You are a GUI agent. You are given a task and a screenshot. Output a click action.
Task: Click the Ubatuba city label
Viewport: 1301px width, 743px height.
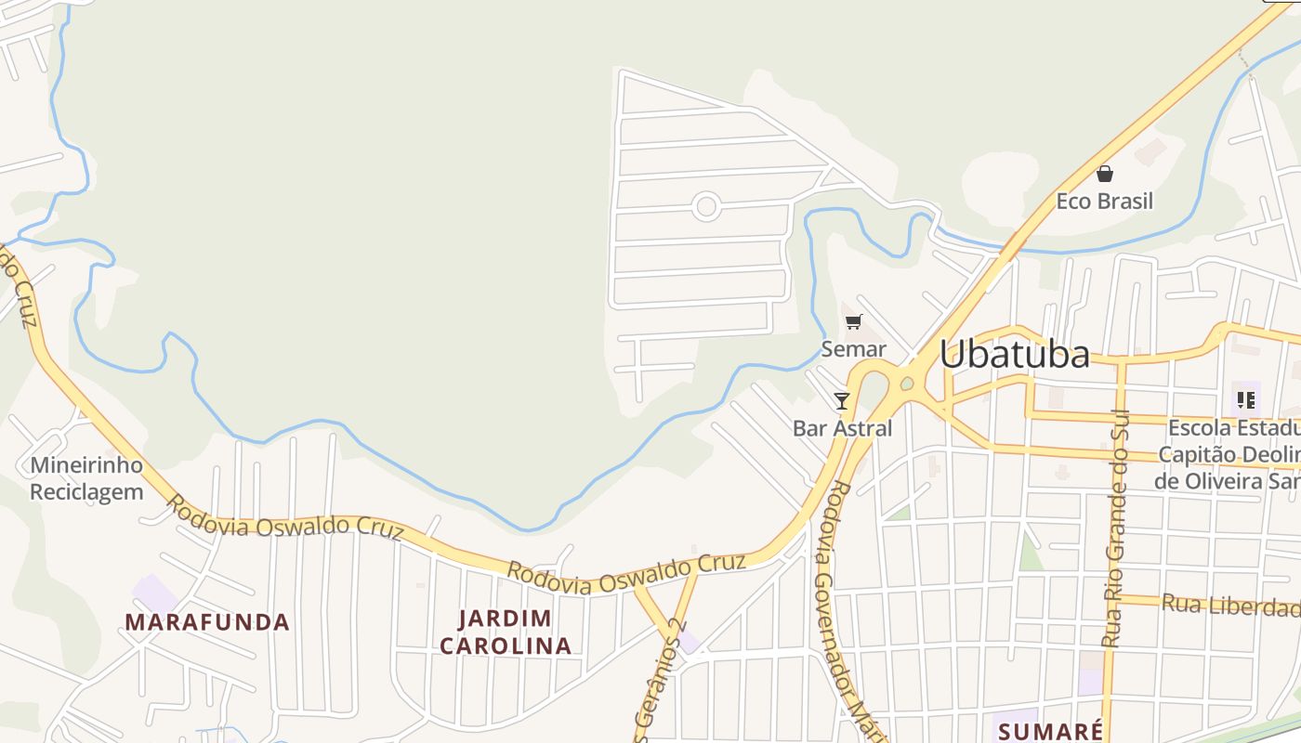click(x=1014, y=355)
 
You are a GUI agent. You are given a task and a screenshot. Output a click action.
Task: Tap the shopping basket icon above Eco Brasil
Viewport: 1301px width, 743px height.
click(x=1105, y=174)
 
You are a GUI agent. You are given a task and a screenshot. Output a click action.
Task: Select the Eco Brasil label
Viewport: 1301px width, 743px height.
click(x=1104, y=201)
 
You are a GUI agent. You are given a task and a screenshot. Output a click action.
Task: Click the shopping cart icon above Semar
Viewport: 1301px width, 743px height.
click(x=853, y=322)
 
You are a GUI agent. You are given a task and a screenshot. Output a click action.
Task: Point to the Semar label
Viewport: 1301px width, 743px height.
click(x=853, y=349)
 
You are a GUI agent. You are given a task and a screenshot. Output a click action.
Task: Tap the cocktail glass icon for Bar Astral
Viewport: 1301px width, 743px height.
click(x=842, y=401)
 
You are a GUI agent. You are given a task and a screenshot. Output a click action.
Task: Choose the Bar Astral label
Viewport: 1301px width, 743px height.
click(x=842, y=428)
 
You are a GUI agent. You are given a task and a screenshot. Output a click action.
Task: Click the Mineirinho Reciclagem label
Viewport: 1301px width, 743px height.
click(x=86, y=477)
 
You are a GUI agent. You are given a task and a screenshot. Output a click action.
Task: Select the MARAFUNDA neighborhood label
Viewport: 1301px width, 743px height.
click(x=207, y=621)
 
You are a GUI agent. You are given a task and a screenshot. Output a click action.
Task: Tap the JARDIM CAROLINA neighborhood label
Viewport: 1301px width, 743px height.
click(x=506, y=632)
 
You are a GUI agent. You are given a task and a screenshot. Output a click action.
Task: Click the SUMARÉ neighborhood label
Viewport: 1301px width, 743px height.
click(x=1050, y=731)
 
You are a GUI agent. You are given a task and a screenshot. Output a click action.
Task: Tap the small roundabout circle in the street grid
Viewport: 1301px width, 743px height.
click(x=706, y=206)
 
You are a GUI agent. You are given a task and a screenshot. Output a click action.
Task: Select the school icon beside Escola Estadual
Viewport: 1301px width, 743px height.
click(x=1245, y=400)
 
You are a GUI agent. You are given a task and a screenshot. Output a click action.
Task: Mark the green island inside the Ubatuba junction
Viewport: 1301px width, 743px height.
click(x=907, y=383)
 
